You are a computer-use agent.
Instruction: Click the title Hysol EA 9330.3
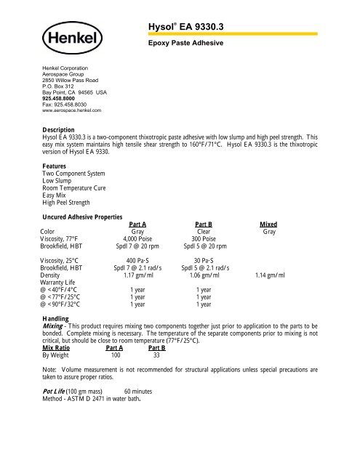(185, 27)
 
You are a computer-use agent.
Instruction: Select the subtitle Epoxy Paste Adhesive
(181, 44)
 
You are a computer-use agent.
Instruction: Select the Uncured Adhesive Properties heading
(85, 217)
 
